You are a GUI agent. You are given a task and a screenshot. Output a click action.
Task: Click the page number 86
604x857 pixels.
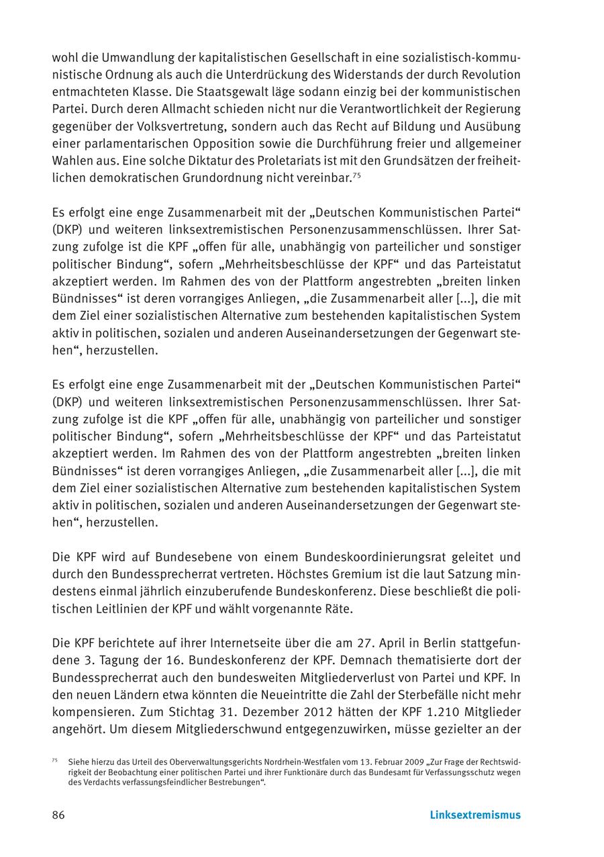point(58,815)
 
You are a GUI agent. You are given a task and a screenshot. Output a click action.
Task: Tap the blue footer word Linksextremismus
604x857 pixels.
point(475,815)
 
